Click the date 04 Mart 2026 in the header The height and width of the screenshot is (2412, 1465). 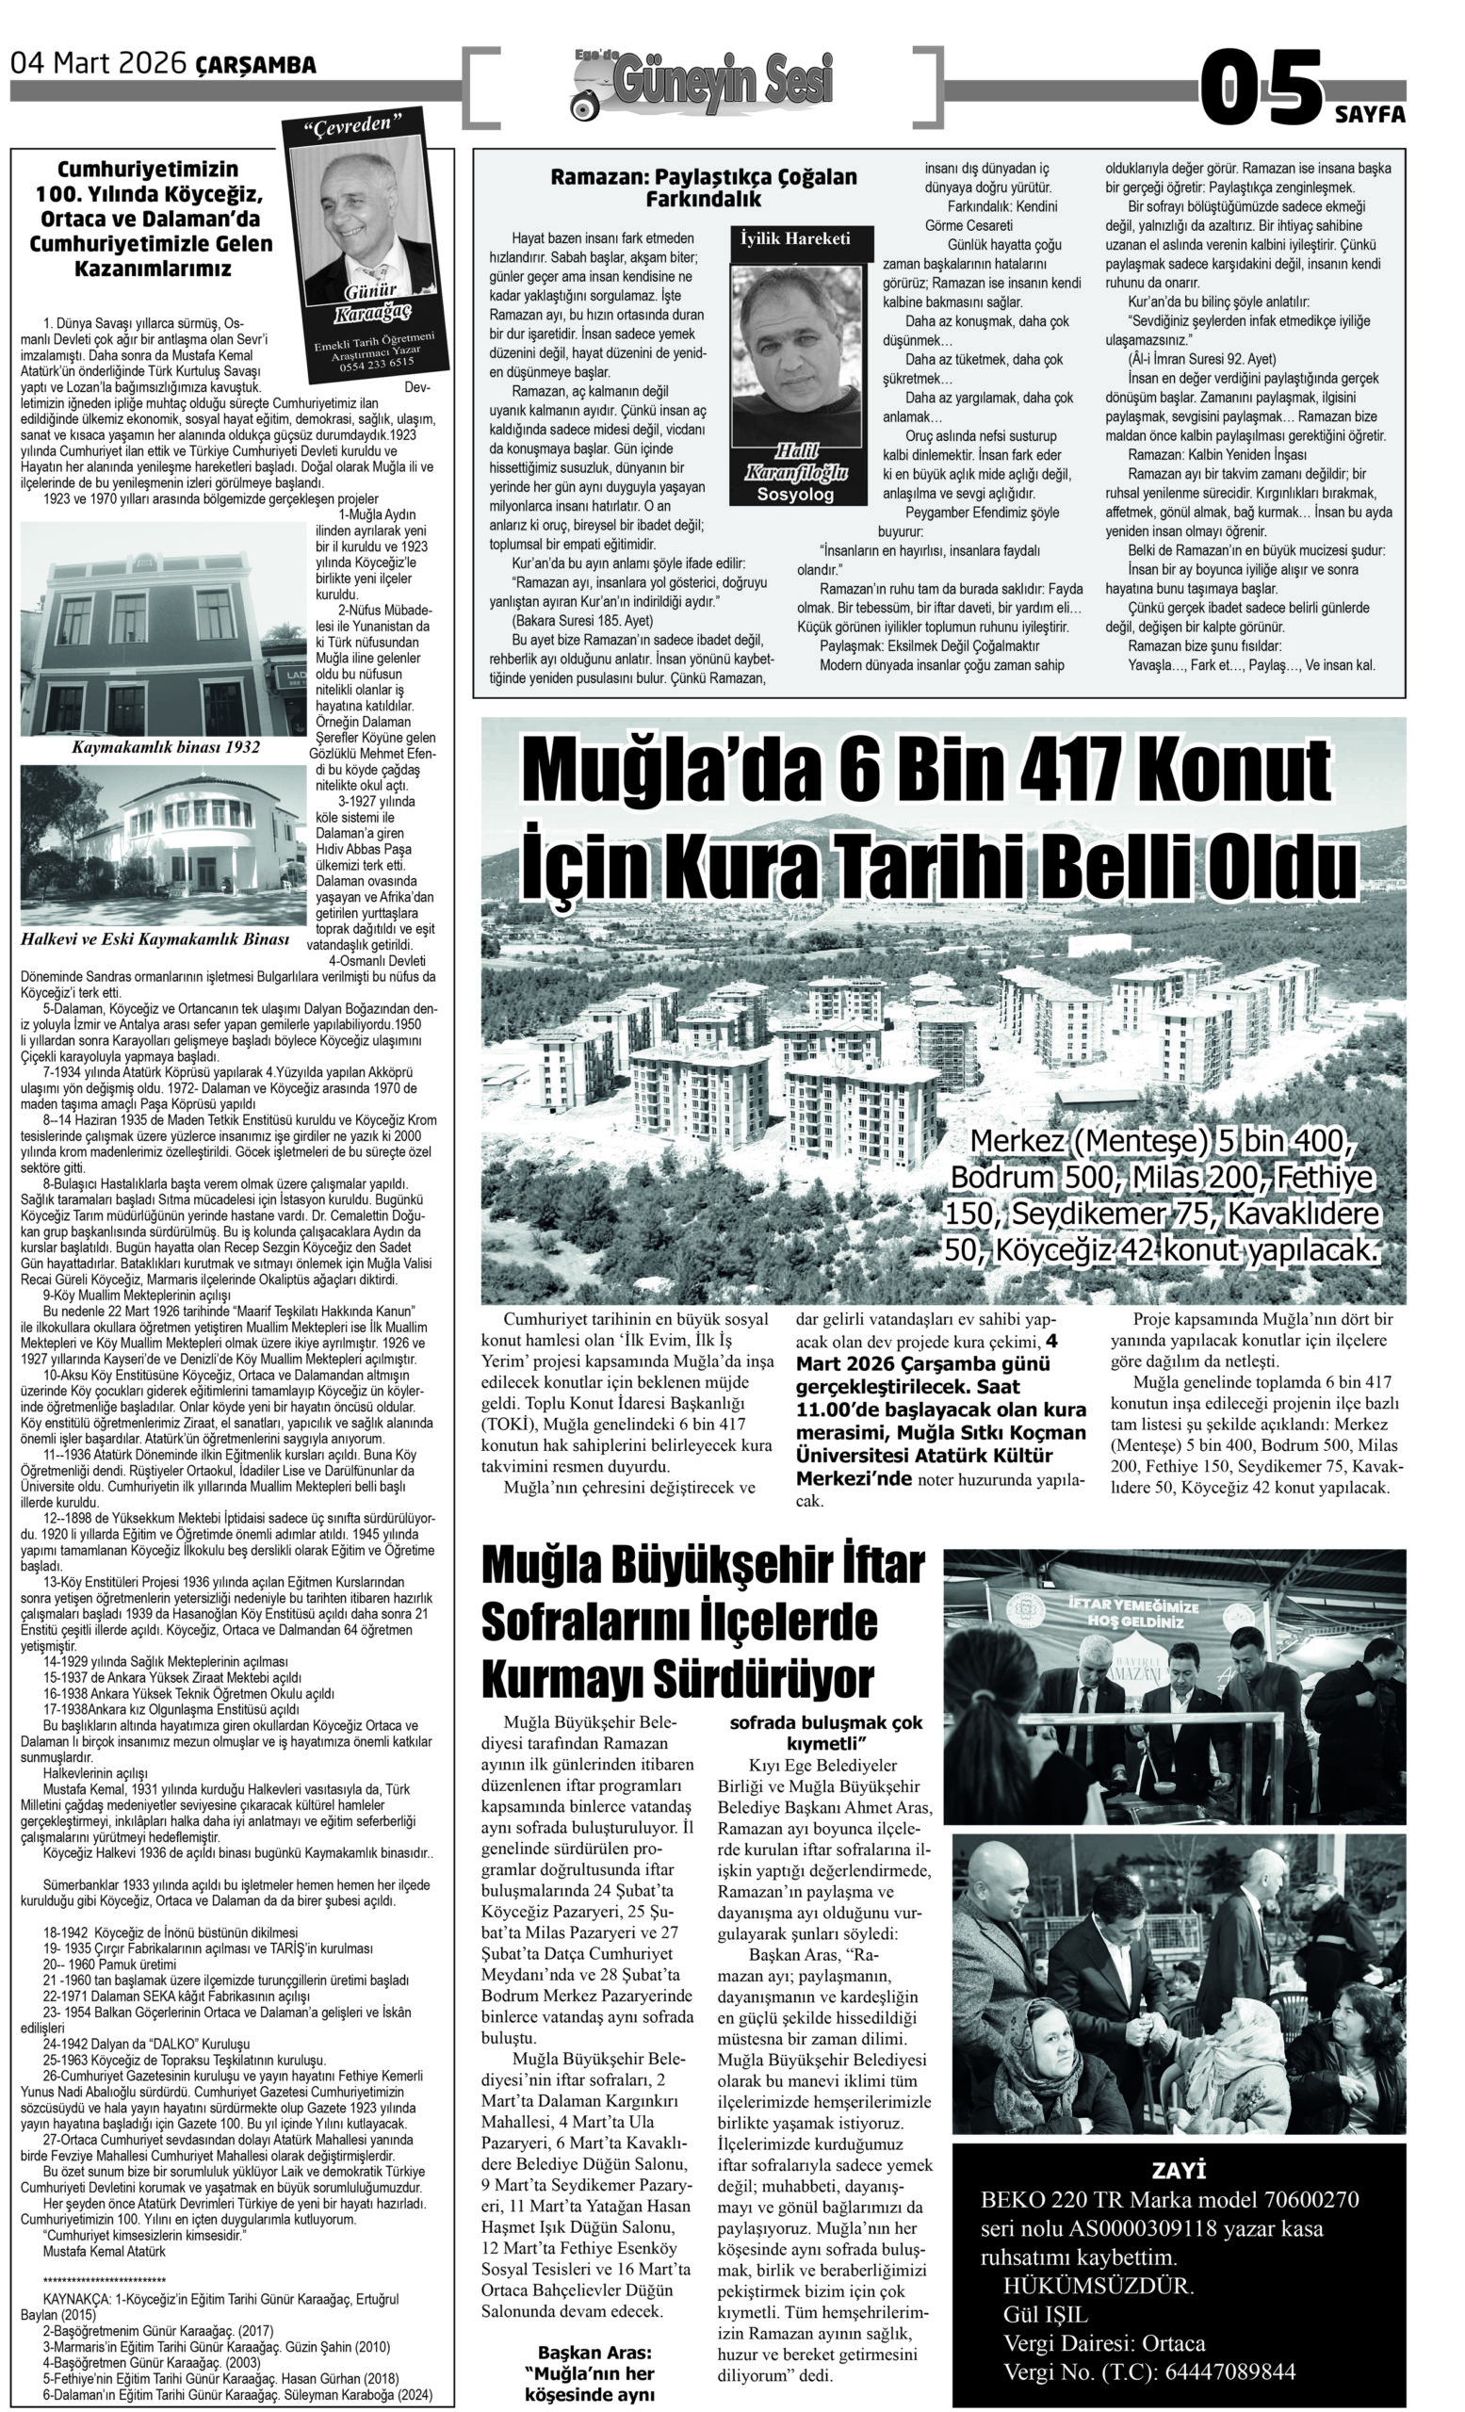(x=98, y=65)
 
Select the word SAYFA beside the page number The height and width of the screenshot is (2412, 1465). (x=1369, y=116)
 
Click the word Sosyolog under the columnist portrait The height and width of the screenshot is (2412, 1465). (x=795, y=495)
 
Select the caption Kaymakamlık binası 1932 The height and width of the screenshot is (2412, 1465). (x=167, y=747)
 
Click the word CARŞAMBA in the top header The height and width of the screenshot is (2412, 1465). (x=256, y=67)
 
